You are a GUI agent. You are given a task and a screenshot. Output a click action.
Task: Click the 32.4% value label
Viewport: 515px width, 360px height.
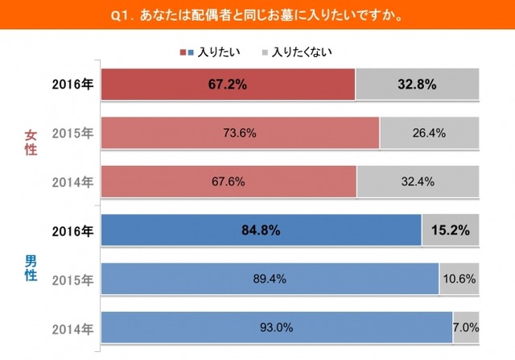[418, 182]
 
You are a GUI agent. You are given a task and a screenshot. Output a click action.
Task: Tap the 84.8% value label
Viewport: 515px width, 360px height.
[260, 231]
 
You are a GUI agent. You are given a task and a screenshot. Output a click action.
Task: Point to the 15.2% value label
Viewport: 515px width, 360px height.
[451, 231]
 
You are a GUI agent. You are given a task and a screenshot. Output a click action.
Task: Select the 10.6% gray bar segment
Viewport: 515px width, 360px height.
[459, 279]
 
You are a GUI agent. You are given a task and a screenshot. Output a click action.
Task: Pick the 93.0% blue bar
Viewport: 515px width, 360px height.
[276, 328]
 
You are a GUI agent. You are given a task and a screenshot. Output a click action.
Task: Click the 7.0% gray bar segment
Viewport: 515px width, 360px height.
[467, 328]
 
